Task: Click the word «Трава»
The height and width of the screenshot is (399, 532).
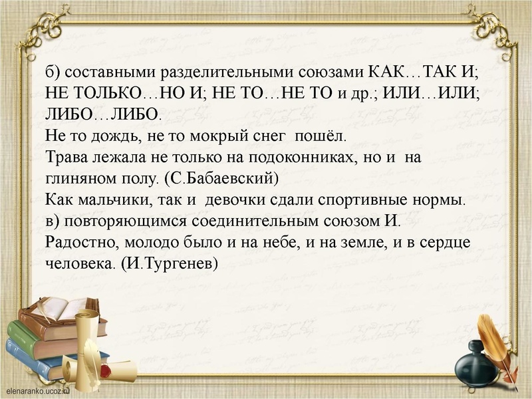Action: pos(67,159)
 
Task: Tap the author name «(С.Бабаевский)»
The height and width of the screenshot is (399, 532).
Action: pos(213,180)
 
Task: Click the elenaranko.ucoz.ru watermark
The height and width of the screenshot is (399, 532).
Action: pos(40,392)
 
